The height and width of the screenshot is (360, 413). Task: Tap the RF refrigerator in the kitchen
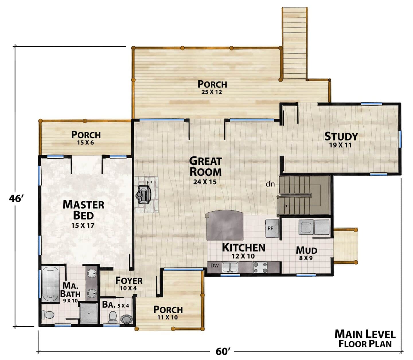click(272, 228)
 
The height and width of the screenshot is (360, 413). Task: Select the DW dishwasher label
click(215, 266)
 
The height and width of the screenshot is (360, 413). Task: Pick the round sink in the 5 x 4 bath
click(126, 319)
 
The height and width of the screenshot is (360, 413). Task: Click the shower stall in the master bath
click(89, 313)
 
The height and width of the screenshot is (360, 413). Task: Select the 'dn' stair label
click(270, 184)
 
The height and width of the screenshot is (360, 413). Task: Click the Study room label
click(341, 136)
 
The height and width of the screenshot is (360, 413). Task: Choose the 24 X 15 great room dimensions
click(205, 182)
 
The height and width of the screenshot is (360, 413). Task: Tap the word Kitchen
click(243, 247)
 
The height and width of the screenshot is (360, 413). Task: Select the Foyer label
click(129, 281)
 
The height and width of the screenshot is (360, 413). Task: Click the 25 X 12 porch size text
click(212, 92)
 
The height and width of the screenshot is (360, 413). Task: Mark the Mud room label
click(306, 250)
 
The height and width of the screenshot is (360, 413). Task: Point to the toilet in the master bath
click(48, 315)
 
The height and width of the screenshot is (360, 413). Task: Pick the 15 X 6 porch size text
click(85, 142)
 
